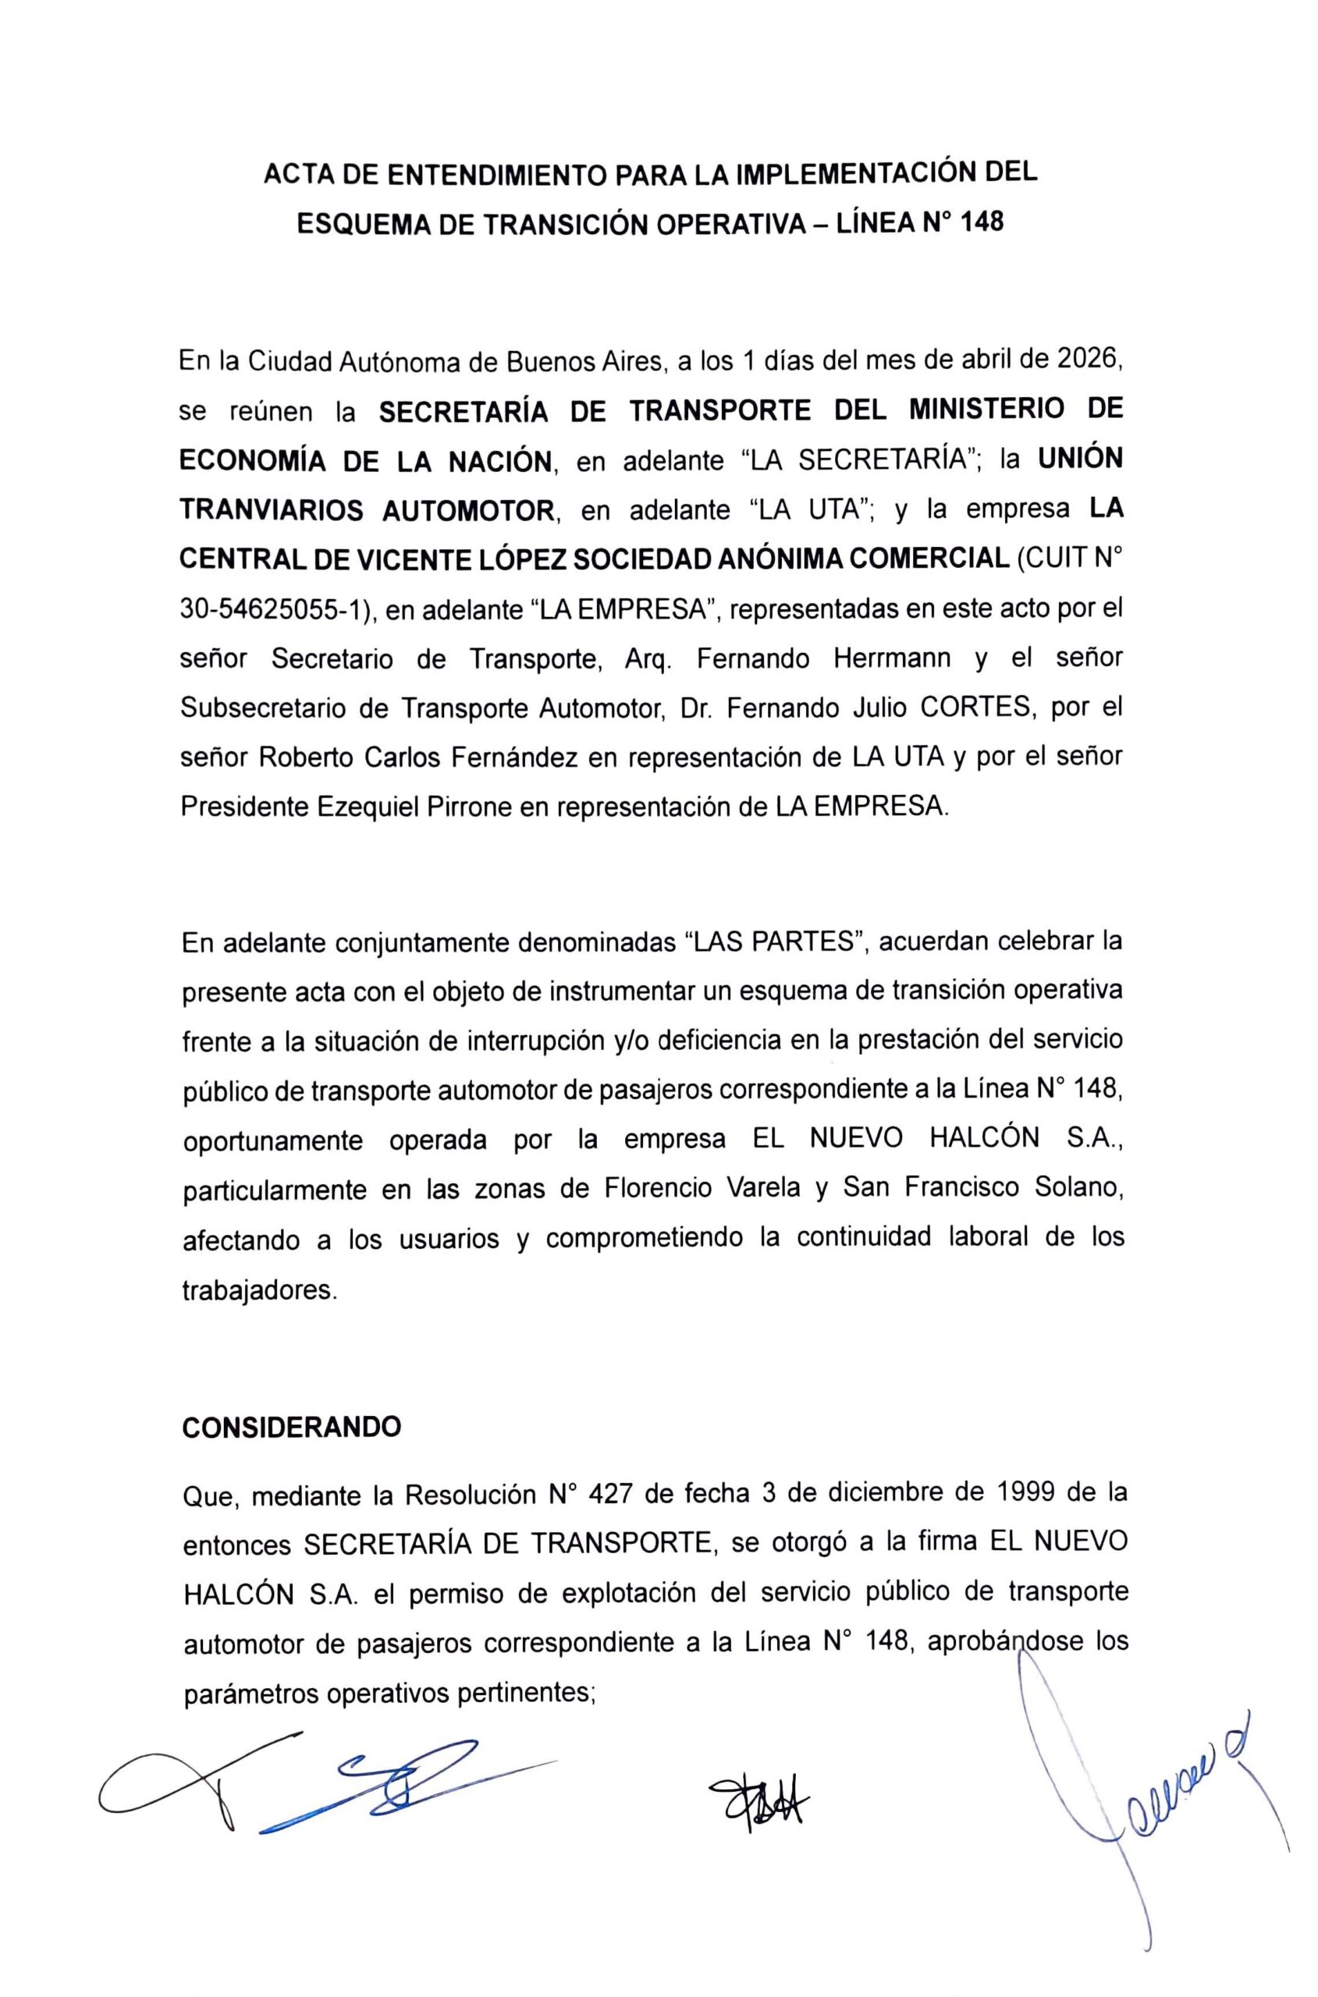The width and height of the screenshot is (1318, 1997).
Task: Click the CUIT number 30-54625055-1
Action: [275, 609]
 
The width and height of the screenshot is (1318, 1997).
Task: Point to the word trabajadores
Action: [259, 1290]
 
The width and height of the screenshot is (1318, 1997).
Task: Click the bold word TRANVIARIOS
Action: [272, 510]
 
